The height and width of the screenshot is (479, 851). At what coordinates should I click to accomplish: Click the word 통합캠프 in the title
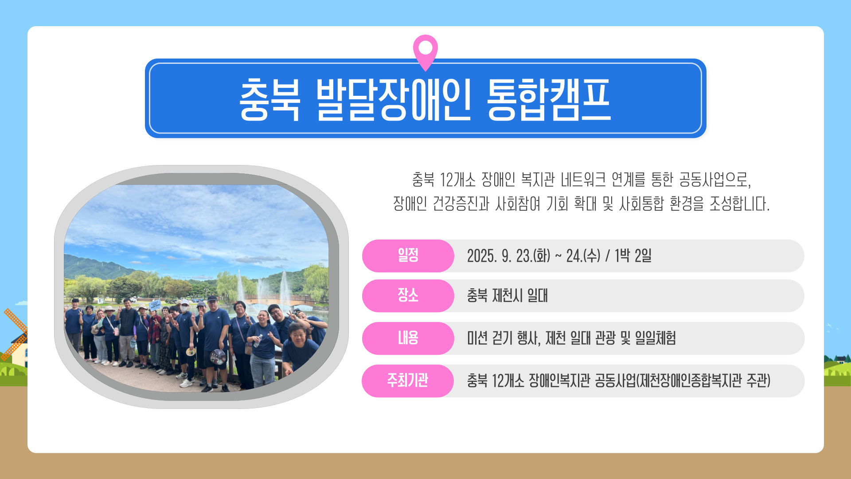tap(549, 100)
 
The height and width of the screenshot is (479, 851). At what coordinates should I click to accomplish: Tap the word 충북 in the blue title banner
tap(269, 100)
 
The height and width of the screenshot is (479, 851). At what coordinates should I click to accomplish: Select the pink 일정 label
tap(408, 255)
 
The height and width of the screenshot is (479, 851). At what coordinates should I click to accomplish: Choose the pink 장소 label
tap(408, 295)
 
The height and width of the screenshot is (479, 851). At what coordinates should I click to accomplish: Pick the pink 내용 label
tap(408, 338)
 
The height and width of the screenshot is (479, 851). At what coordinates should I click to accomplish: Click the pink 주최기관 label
tap(408, 381)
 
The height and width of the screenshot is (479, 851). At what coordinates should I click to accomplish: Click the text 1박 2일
tap(633, 255)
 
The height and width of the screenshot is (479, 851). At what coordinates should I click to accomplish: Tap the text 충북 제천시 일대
tap(507, 295)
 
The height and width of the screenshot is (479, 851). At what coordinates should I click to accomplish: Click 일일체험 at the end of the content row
tap(656, 338)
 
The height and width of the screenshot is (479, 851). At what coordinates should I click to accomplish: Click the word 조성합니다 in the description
tap(739, 204)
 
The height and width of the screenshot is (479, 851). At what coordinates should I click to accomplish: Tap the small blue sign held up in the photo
tap(155, 305)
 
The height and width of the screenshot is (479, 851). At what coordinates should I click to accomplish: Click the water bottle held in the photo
tap(258, 341)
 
